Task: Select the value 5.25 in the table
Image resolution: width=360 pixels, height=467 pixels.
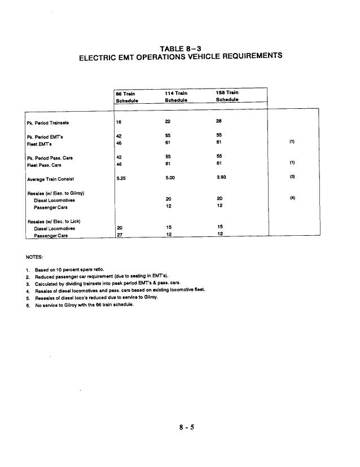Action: tap(121, 179)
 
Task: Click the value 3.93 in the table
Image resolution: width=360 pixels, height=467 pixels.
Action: tap(222, 179)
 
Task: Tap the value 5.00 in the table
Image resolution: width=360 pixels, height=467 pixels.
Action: tap(171, 179)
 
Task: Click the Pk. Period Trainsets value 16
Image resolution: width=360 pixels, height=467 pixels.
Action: tap(118, 122)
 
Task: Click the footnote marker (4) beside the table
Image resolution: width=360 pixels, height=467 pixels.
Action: tap(292, 198)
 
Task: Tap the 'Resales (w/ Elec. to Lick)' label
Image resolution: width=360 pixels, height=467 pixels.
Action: tap(52, 222)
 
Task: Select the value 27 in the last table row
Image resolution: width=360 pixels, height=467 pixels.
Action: tap(119, 236)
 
